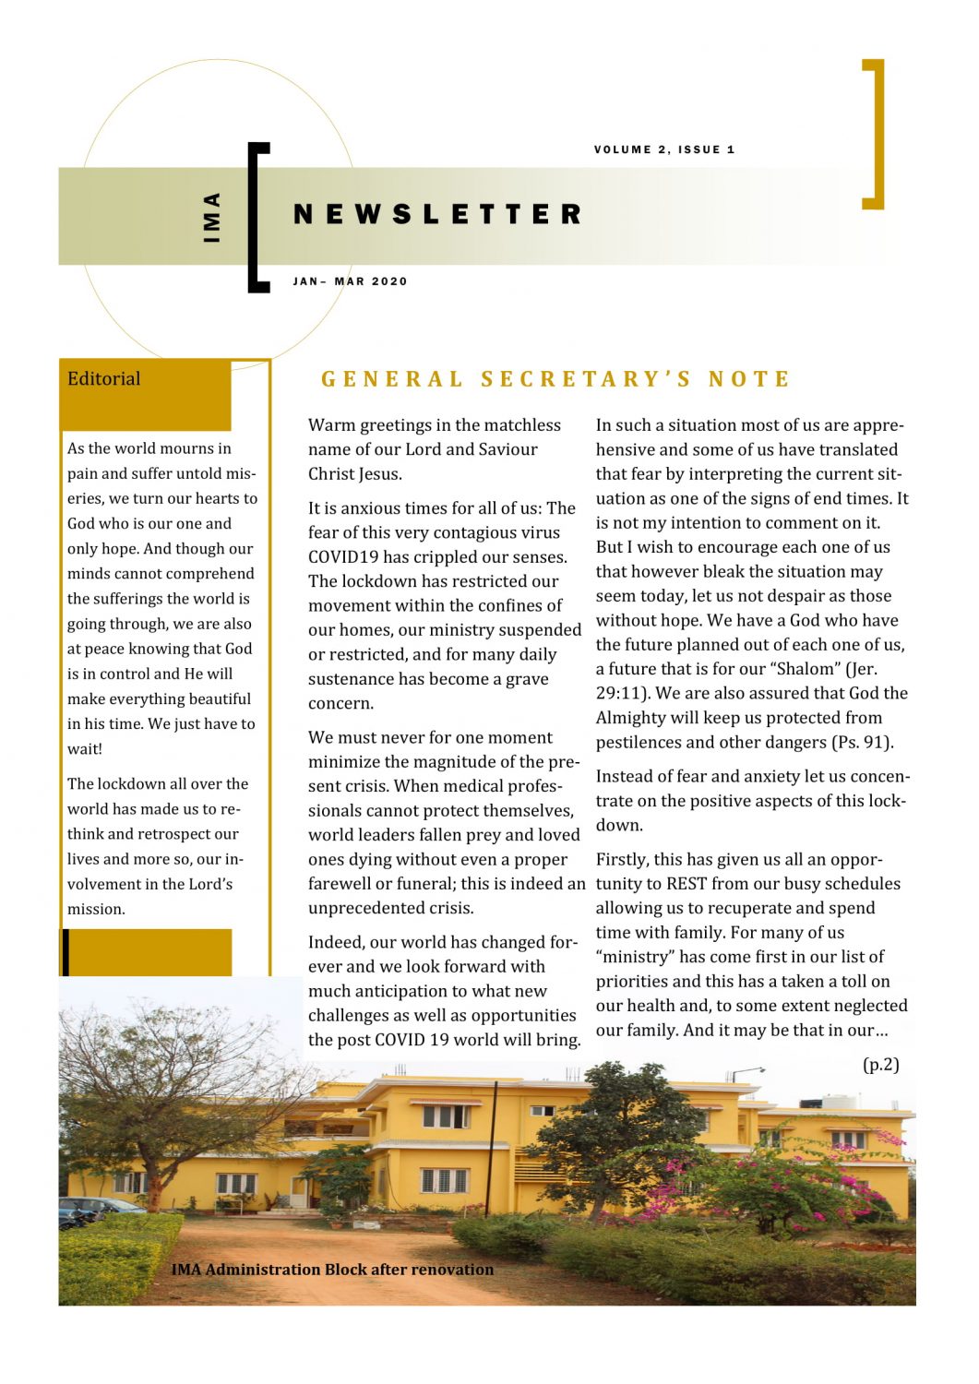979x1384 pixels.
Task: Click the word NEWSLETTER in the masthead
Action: (437, 214)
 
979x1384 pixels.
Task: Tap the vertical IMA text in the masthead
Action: (212, 217)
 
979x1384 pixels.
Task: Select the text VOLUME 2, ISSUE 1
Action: (664, 149)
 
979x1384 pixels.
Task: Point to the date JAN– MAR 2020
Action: (350, 281)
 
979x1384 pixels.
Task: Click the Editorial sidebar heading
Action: (103, 378)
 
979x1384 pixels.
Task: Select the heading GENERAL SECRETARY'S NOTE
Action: (555, 379)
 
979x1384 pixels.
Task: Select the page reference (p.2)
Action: (880, 1064)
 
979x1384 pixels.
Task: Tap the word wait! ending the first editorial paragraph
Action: (84, 749)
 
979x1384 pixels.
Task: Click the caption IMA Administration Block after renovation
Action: (332, 1270)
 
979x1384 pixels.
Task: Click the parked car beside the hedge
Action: (92, 1209)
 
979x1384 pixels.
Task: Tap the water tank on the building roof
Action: (839, 1102)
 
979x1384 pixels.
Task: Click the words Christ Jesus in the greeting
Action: (354, 474)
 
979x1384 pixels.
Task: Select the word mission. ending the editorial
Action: (96, 909)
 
